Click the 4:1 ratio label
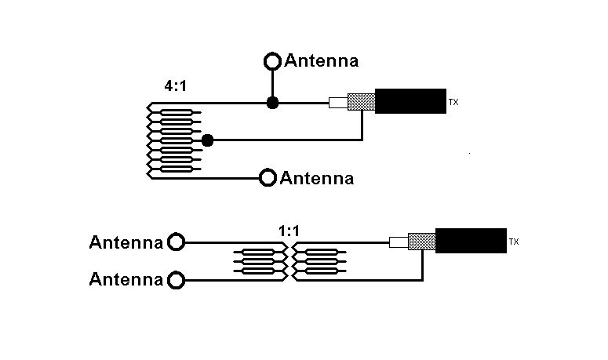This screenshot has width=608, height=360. click(175, 87)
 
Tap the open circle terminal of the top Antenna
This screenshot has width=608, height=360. click(272, 60)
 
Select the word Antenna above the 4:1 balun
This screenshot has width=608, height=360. click(322, 60)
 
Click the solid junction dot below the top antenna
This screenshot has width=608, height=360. click(272, 103)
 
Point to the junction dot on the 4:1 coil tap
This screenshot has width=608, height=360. click(207, 140)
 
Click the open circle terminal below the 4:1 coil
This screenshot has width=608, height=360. click(268, 178)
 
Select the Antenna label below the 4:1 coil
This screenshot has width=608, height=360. click(317, 179)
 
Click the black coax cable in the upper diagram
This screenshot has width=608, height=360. click(410, 101)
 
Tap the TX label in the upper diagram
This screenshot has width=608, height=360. click(453, 102)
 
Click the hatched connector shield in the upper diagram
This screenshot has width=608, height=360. click(361, 102)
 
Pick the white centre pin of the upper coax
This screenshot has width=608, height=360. click(337, 102)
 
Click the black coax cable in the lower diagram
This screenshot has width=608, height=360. click(470, 241)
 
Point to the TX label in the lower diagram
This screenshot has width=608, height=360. click(514, 242)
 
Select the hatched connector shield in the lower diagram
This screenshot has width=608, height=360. click(422, 242)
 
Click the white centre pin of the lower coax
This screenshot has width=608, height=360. click(398, 242)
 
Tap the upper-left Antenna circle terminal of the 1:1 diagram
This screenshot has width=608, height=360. click(177, 242)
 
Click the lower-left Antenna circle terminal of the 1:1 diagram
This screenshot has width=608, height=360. click(177, 279)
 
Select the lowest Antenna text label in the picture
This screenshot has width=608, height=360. click(126, 279)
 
